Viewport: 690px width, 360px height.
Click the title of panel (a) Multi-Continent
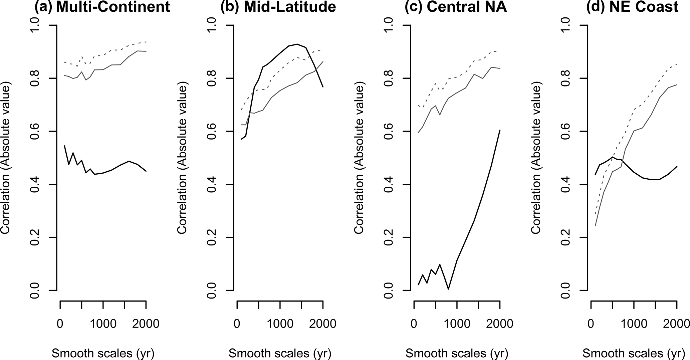coord(102,7)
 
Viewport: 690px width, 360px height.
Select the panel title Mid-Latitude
coord(278,7)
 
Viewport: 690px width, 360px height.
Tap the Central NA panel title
coord(456,7)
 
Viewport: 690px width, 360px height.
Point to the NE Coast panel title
coord(633,7)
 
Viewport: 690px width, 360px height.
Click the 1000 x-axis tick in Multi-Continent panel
coord(103,324)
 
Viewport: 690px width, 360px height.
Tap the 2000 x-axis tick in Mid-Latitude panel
coord(322,324)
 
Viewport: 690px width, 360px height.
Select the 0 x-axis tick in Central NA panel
coord(414,324)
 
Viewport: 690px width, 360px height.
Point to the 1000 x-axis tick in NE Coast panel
coord(634,324)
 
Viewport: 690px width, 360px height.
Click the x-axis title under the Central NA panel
coord(457,353)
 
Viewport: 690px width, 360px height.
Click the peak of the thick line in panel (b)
coord(297,44)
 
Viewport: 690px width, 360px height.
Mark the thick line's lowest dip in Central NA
coord(448,289)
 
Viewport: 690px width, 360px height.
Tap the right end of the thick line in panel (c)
coord(500,130)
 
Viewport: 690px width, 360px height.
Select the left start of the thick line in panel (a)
coord(64,146)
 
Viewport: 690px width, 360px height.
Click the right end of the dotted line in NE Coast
coord(676,63)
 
